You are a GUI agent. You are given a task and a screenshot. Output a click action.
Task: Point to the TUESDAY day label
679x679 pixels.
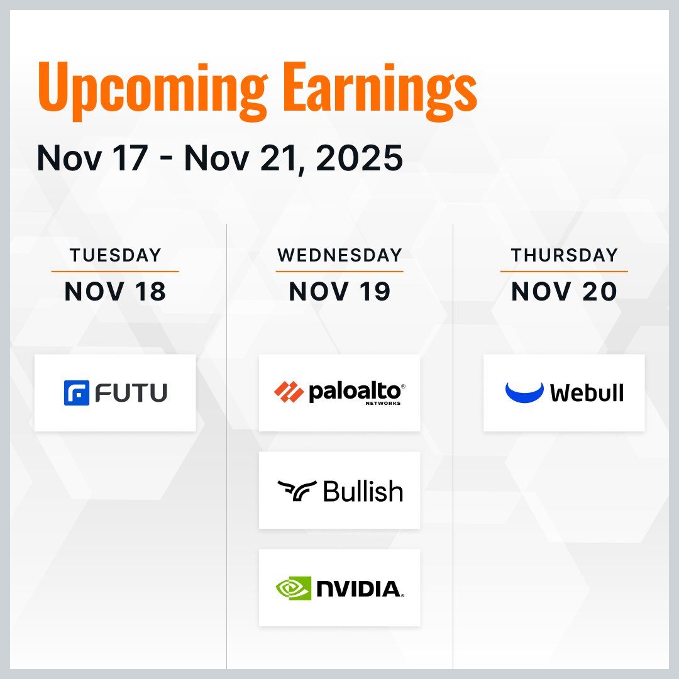click(115, 255)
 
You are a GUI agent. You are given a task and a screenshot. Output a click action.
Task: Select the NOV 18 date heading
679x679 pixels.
click(115, 291)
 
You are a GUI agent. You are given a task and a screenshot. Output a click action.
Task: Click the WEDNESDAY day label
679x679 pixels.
click(339, 255)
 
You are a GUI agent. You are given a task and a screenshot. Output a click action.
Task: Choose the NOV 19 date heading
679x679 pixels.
click(339, 291)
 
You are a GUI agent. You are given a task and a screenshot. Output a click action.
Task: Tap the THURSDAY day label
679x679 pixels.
click(564, 255)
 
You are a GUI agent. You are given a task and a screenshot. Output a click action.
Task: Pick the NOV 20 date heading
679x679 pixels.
click(564, 291)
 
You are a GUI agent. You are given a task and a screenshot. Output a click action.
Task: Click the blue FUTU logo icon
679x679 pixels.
click(77, 393)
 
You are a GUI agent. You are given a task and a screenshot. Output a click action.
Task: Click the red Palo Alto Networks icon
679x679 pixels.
click(289, 392)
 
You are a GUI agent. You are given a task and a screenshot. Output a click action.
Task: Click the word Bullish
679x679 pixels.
click(363, 491)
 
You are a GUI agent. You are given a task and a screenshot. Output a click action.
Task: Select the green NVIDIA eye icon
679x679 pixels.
click(293, 588)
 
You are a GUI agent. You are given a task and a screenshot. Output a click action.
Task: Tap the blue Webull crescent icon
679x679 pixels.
click(524, 392)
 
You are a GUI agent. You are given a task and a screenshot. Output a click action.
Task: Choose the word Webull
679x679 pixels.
click(587, 393)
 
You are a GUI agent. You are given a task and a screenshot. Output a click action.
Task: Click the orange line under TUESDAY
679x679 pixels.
click(115, 272)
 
